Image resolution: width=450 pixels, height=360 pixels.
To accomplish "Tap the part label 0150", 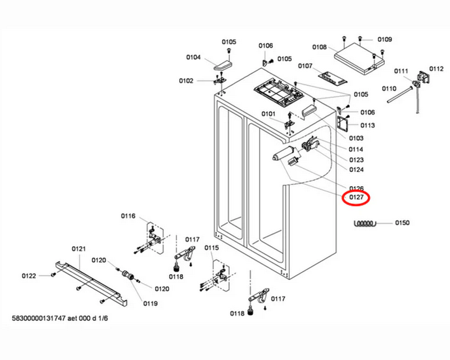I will (x=402, y=223).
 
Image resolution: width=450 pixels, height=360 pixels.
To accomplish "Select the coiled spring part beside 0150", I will (x=364, y=223).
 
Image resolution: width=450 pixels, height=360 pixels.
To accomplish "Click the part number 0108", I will (x=319, y=47).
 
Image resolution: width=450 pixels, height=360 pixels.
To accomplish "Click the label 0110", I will (x=389, y=88).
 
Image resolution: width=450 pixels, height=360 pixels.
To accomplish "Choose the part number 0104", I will (x=193, y=57).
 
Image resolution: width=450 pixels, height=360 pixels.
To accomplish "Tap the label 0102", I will (x=186, y=81).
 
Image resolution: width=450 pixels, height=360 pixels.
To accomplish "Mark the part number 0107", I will (x=305, y=66).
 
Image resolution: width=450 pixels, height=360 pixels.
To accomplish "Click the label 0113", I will (x=367, y=126).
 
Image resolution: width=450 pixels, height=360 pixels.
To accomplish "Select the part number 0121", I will (x=79, y=249).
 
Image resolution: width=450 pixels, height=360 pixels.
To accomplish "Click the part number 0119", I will (x=150, y=303).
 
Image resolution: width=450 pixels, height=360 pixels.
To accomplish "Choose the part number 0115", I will (x=212, y=248).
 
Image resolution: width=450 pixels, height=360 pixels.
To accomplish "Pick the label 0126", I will (x=356, y=188).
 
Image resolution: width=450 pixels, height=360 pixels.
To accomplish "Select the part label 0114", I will (x=356, y=150).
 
